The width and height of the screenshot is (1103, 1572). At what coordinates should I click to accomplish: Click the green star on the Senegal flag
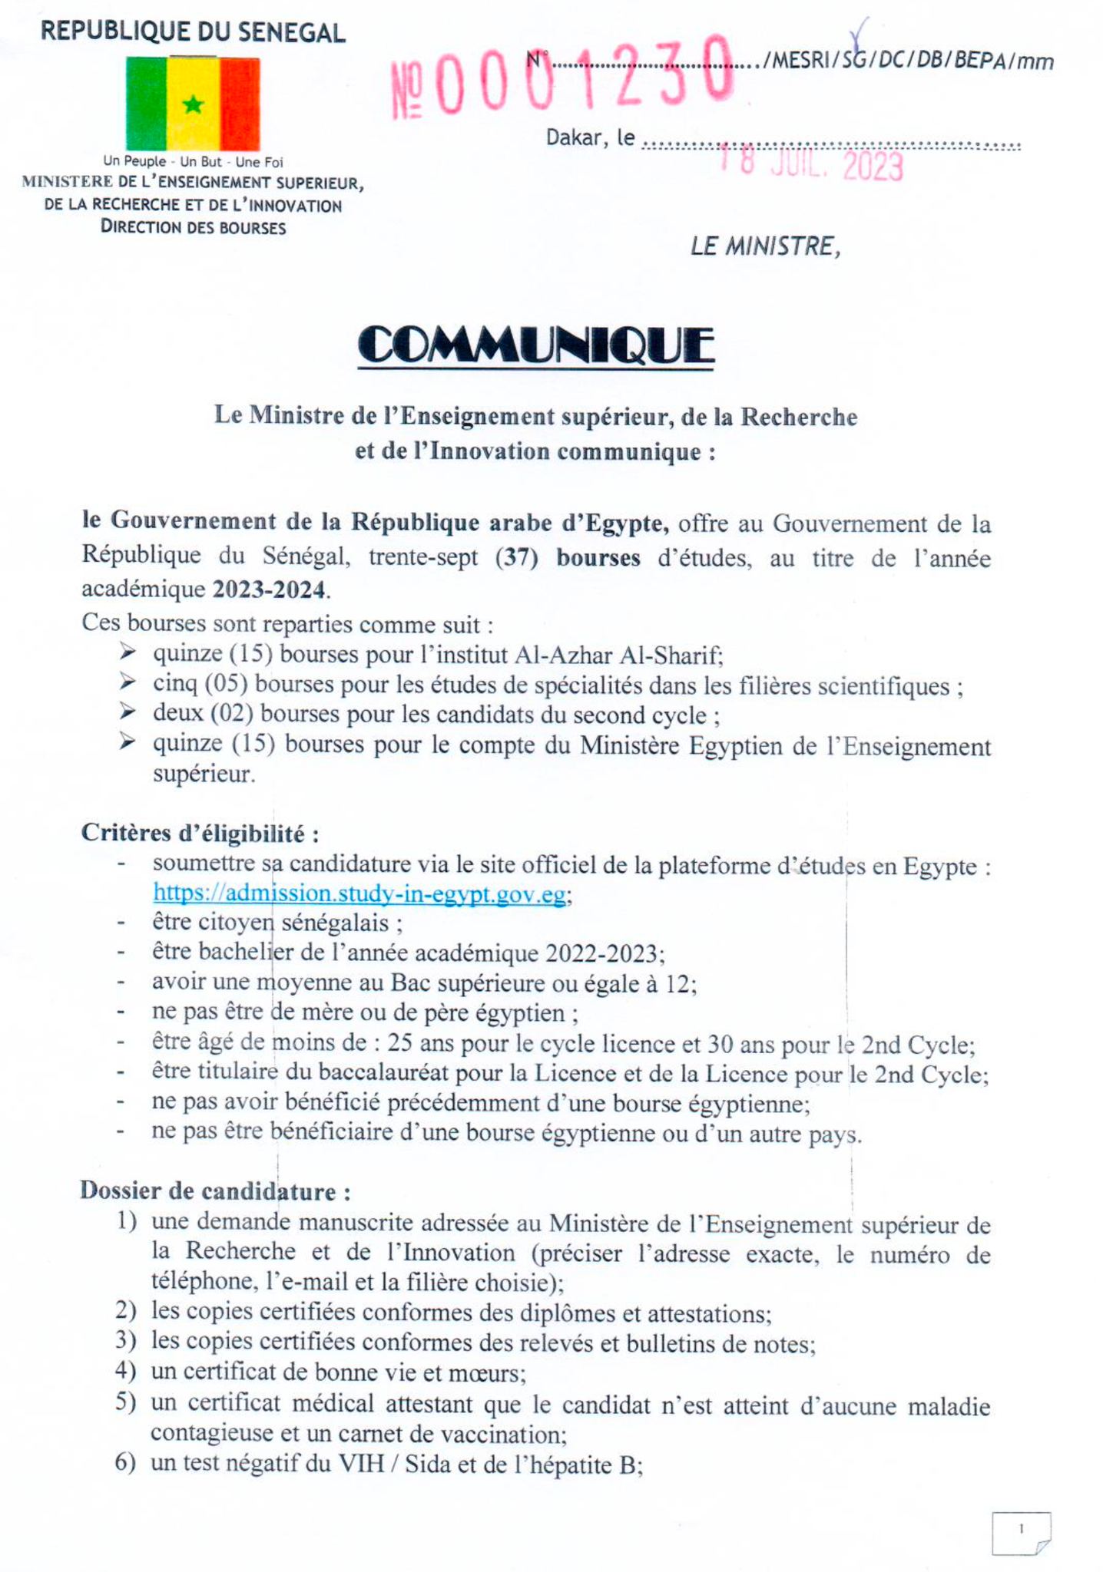[193, 104]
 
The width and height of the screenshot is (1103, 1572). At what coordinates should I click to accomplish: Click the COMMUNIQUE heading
[535, 345]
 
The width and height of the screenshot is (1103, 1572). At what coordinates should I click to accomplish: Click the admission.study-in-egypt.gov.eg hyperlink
[359, 894]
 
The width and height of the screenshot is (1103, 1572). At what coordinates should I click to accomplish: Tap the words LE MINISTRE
[765, 246]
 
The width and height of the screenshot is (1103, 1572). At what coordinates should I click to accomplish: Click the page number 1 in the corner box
[1021, 1529]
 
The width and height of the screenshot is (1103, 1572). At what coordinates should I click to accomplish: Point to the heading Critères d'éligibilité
[200, 833]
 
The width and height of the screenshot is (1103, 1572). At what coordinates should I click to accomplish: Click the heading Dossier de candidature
[216, 1191]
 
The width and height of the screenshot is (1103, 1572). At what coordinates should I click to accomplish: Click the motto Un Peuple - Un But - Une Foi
[193, 161]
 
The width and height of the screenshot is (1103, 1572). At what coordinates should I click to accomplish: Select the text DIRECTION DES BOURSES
[193, 227]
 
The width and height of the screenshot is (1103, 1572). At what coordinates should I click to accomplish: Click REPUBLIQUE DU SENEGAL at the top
[193, 32]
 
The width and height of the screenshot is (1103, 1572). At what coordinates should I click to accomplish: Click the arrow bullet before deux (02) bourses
[128, 712]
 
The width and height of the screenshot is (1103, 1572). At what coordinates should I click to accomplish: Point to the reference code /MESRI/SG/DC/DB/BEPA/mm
[907, 61]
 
